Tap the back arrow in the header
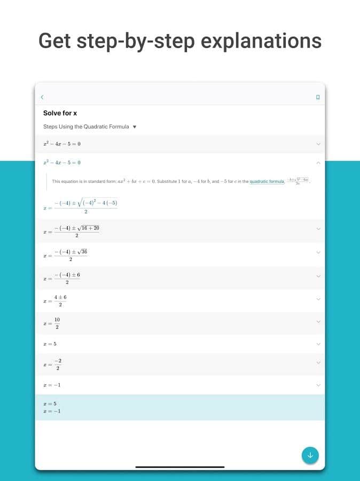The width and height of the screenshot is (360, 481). click(42, 97)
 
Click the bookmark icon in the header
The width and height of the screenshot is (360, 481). click(318, 97)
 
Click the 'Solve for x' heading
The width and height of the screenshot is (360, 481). click(60, 113)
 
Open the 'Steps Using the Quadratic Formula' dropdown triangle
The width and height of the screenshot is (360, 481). click(135, 127)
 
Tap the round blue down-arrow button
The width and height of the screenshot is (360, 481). click(310, 455)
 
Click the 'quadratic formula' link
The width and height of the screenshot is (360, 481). click(267, 182)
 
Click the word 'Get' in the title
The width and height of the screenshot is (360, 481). click(55, 41)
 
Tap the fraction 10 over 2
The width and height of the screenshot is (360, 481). click(57, 323)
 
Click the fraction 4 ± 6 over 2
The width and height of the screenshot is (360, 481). click(59, 300)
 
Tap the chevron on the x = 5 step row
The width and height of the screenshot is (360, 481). click(318, 344)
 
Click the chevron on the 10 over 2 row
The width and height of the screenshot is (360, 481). click(318, 322)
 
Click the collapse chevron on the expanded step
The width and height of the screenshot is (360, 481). click(318, 162)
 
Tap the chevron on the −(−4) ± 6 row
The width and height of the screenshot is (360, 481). click(318, 276)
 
